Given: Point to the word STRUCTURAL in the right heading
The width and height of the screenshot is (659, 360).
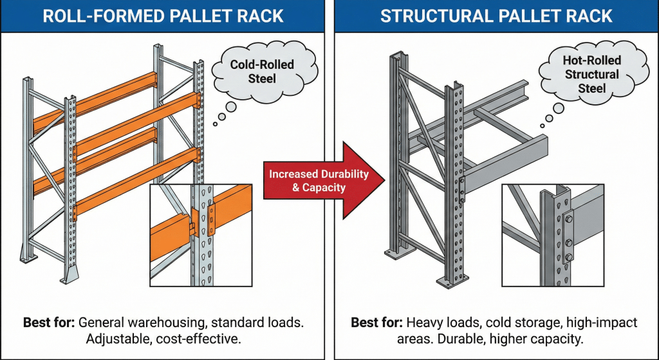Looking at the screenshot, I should tap(438, 15).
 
